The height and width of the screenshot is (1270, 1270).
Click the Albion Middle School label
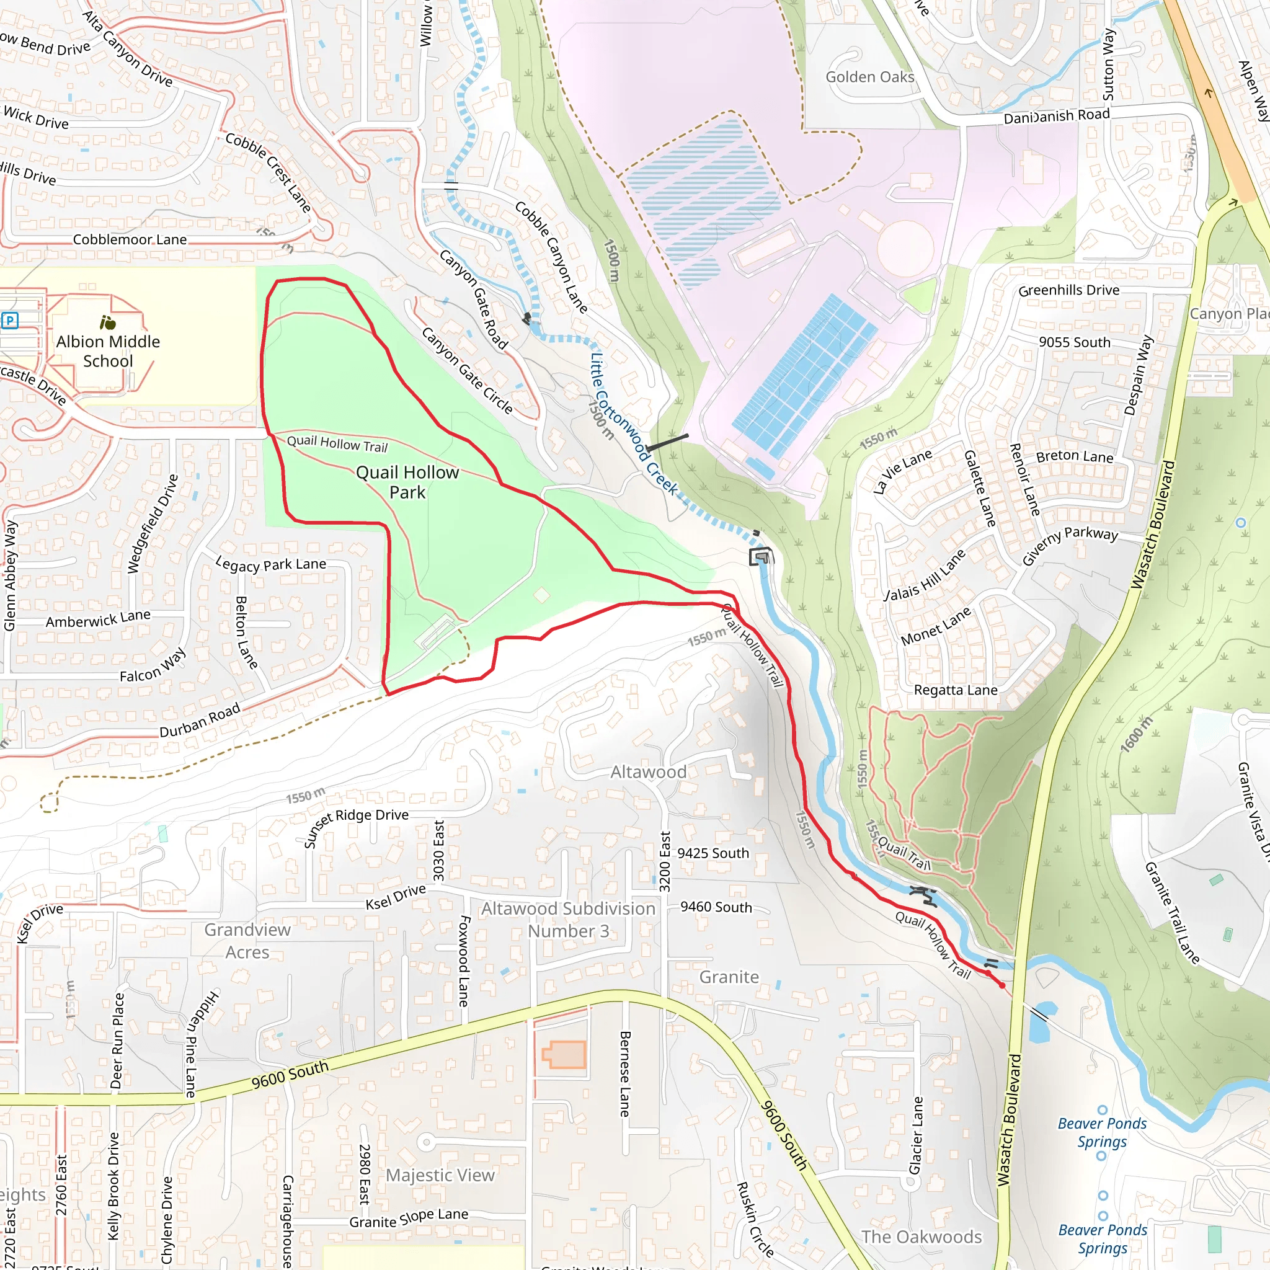pos(108,351)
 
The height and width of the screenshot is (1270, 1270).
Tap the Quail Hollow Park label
pos(407,482)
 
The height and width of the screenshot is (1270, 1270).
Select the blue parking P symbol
pos(10,321)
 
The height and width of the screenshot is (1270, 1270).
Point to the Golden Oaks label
pos(869,77)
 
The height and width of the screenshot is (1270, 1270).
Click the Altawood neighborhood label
pos(648,771)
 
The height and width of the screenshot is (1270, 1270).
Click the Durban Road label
pos(200,721)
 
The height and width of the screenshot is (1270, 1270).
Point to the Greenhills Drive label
pos(1068,290)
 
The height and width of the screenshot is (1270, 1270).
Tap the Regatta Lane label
pos(955,690)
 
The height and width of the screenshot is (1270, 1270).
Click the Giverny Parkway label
pos(1070,544)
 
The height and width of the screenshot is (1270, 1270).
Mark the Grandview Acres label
pos(247,941)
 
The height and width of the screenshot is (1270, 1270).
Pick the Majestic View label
pos(440,1175)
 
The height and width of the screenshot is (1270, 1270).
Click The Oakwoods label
pos(921,1237)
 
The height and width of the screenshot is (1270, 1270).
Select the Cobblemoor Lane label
pos(130,239)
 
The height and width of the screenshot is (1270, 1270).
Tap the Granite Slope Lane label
pos(408,1218)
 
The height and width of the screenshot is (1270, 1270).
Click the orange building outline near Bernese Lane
pos(564,1055)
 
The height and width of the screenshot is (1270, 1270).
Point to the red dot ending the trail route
pos(1002,985)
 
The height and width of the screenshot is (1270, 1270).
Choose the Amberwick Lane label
pos(98,618)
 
